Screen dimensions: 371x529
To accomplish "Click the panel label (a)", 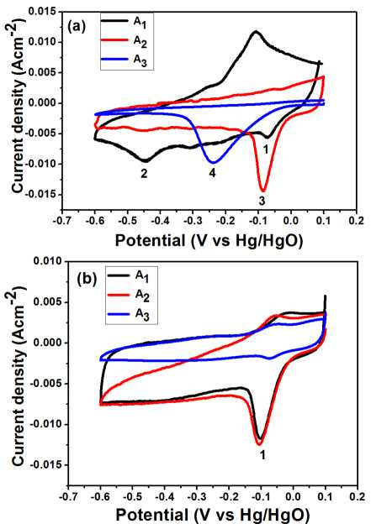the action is pyautogui.click(x=77, y=26).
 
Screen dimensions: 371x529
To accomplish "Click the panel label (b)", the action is pyautogui.click(x=87, y=280).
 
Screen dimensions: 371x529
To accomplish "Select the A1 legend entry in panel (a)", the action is pyautogui.click(x=125, y=23).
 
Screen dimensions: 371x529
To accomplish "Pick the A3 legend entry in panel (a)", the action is pyautogui.click(x=125, y=60).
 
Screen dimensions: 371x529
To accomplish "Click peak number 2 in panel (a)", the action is pyautogui.click(x=145, y=174).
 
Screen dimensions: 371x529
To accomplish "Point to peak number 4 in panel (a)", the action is pyautogui.click(x=212, y=174).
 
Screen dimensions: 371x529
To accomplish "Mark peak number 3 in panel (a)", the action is pyautogui.click(x=262, y=201).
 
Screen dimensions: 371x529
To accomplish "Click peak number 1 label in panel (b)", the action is pyautogui.click(x=262, y=455).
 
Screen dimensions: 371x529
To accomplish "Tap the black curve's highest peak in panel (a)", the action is pyautogui.click(x=256, y=31).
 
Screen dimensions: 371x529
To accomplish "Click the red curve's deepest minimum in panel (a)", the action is pyautogui.click(x=263, y=191).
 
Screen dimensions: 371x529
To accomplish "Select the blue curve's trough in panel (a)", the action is pyautogui.click(x=214, y=163).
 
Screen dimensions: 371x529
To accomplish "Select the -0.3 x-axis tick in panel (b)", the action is pyautogui.click(x=197, y=496).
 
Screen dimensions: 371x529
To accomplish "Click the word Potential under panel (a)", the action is pyautogui.click(x=151, y=240).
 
